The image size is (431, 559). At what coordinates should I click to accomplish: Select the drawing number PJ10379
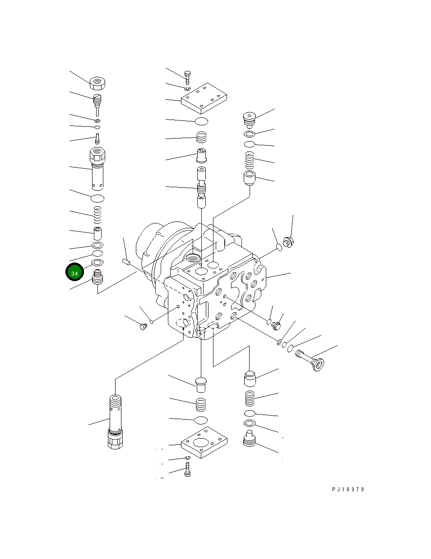click(x=348, y=490)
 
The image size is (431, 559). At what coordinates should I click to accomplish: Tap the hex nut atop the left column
click(x=97, y=83)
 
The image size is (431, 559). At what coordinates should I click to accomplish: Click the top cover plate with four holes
click(x=204, y=98)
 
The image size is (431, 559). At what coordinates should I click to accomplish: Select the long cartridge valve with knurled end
click(x=116, y=421)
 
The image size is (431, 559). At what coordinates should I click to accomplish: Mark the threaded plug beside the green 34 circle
click(x=97, y=277)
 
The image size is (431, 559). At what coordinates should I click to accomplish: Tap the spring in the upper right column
click(x=250, y=160)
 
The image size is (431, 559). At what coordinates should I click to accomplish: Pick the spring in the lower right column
click(x=250, y=398)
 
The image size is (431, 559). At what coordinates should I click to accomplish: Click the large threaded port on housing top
click(x=192, y=258)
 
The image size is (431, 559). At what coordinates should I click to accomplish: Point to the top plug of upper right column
click(x=250, y=119)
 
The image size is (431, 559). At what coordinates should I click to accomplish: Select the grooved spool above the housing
click(x=201, y=186)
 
